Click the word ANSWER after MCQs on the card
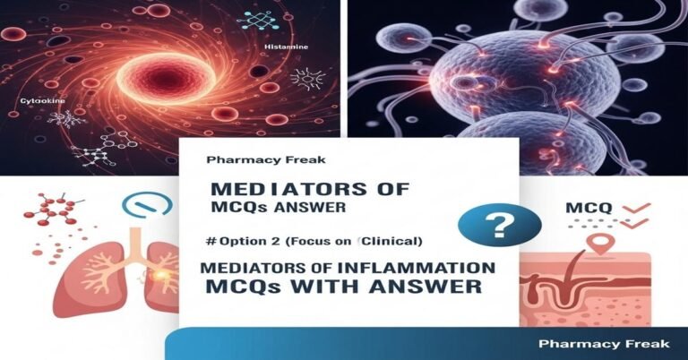click(312, 210)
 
